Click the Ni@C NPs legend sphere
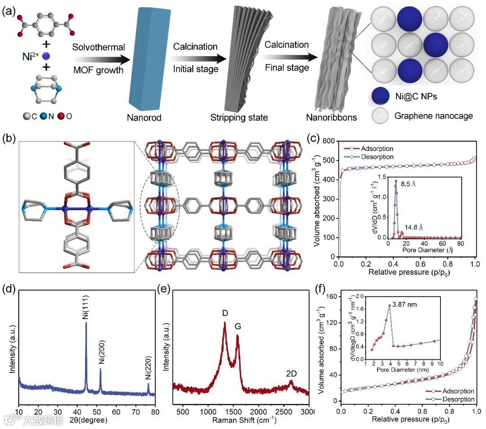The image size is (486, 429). click(381, 97)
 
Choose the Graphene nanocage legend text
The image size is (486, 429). click(434, 116)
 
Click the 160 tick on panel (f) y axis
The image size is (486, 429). click(331, 297)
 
